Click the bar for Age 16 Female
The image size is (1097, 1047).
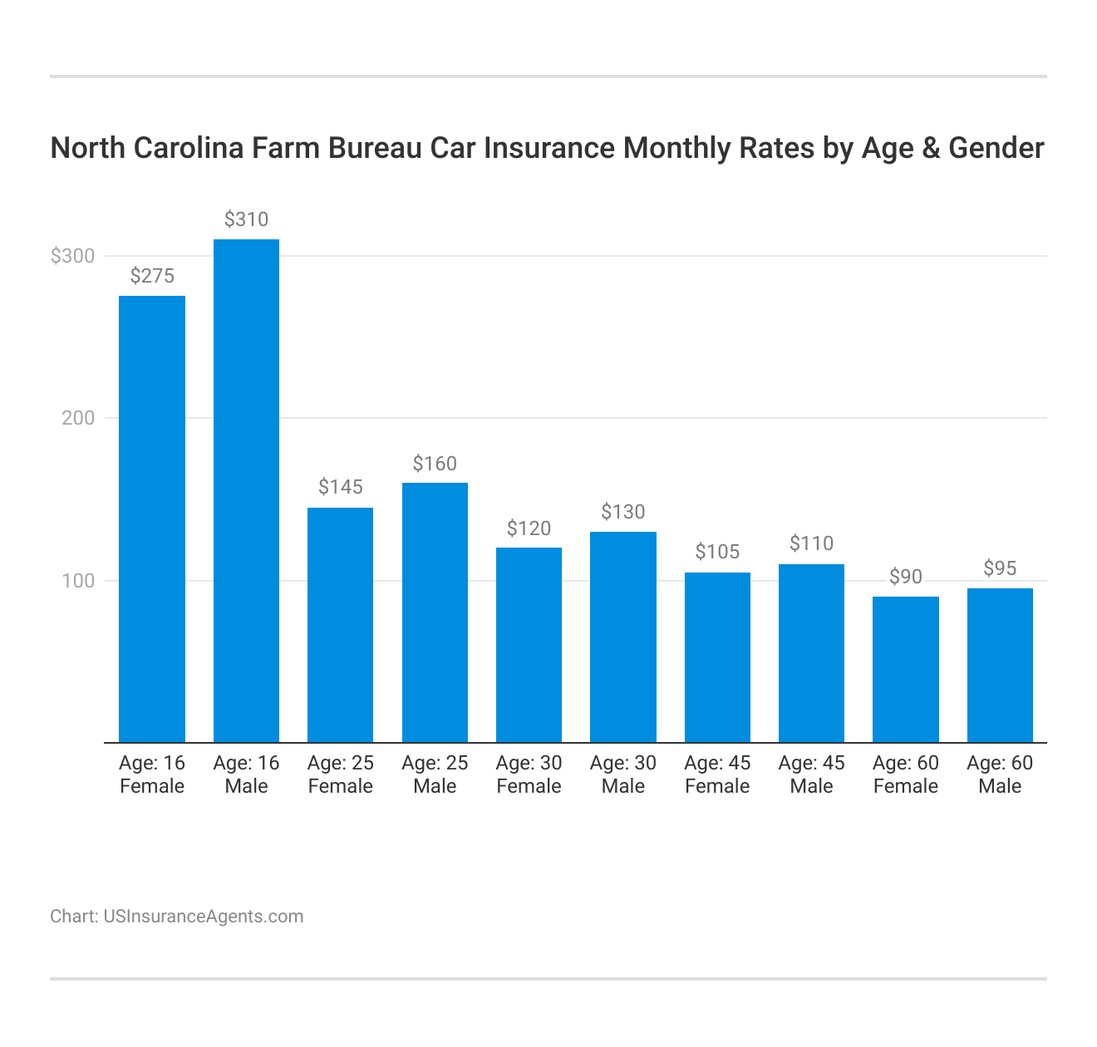tap(152, 519)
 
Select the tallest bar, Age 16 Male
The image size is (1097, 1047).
tap(246, 490)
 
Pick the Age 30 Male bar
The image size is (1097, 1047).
tap(623, 637)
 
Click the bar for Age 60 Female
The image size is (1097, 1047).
tap(906, 669)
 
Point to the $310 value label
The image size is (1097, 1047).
tap(246, 220)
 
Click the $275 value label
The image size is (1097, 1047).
tap(152, 277)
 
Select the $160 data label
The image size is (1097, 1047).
tap(435, 464)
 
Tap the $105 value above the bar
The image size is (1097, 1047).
tap(717, 553)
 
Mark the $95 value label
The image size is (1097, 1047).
tap(1000, 568)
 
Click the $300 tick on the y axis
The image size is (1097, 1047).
tap(72, 256)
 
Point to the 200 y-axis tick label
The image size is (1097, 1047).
tap(78, 418)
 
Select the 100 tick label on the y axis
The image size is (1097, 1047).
tap(78, 581)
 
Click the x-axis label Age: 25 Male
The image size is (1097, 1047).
tap(435, 774)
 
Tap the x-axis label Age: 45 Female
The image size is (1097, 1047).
tap(717, 774)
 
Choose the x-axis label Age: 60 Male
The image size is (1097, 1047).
tap(1000, 774)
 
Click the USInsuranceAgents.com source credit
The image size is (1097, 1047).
tap(203, 917)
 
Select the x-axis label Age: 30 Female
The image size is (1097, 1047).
tap(529, 774)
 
